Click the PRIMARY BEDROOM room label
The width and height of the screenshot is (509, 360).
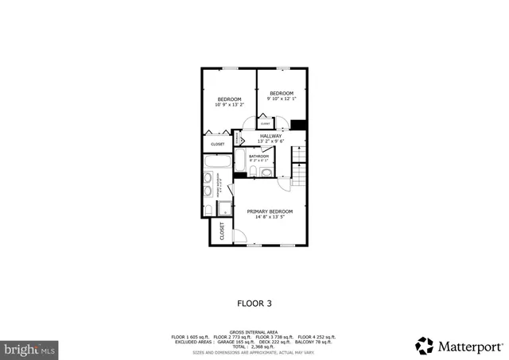(x=270, y=211)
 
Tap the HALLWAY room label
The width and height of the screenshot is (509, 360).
(x=271, y=136)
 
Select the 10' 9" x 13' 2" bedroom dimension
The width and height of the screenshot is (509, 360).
(x=229, y=104)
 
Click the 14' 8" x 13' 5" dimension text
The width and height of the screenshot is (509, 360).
(x=270, y=216)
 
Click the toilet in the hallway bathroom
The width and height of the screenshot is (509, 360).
(x=267, y=170)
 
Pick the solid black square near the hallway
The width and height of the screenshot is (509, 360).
(x=298, y=124)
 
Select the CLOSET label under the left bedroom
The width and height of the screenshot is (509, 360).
(x=217, y=144)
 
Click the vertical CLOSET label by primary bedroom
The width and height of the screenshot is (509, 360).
(x=222, y=231)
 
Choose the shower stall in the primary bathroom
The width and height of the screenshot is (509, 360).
(x=224, y=208)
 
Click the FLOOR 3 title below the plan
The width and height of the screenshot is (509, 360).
(x=254, y=303)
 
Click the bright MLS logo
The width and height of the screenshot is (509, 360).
(x=30, y=348)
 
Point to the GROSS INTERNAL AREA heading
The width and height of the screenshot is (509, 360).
(x=254, y=332)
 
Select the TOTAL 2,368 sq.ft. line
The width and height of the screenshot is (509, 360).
(x=254, y=346)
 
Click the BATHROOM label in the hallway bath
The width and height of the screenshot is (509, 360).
(x=259, y=156)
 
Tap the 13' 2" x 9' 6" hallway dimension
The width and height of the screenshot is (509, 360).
(x=271, y=141)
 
